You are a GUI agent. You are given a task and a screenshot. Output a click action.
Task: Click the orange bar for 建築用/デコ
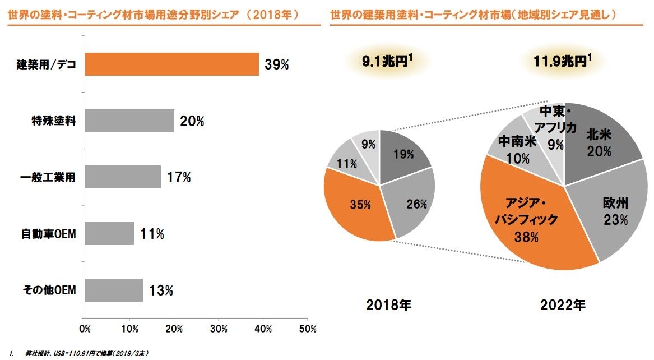[171, 64]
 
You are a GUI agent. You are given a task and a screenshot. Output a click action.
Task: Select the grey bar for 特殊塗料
[129, 121]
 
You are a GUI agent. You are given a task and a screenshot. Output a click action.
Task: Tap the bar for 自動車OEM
[109, 233]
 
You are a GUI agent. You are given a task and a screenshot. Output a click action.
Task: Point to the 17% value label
[179, 178]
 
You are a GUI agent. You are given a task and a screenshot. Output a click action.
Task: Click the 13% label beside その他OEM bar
[161, 290]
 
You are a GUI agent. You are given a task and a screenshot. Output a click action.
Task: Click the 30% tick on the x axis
[219, 328]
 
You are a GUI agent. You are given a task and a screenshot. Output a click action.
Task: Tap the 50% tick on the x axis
[308, 328]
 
